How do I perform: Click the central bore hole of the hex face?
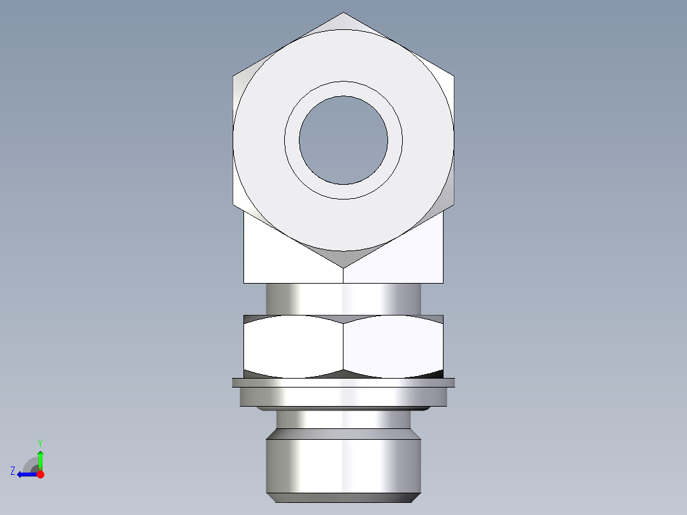pos(343,140)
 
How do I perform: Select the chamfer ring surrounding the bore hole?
pos(343,89)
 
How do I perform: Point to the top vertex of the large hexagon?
pos(343,13)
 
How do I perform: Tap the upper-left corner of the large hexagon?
pos(233,76)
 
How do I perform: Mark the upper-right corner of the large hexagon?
pos(454,76)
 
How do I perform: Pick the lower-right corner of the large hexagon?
pos(454,205)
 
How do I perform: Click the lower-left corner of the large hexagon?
pos(233,205)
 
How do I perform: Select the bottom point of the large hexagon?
pos(343,267)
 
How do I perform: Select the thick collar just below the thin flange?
pos(343,397)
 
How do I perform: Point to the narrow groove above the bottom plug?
pos(343,419)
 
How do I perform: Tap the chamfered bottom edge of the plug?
pos(343,497)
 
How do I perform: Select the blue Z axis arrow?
pos(25,474)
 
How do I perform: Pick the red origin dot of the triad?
pos(41,474)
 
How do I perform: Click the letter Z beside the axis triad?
pos(13,471)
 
